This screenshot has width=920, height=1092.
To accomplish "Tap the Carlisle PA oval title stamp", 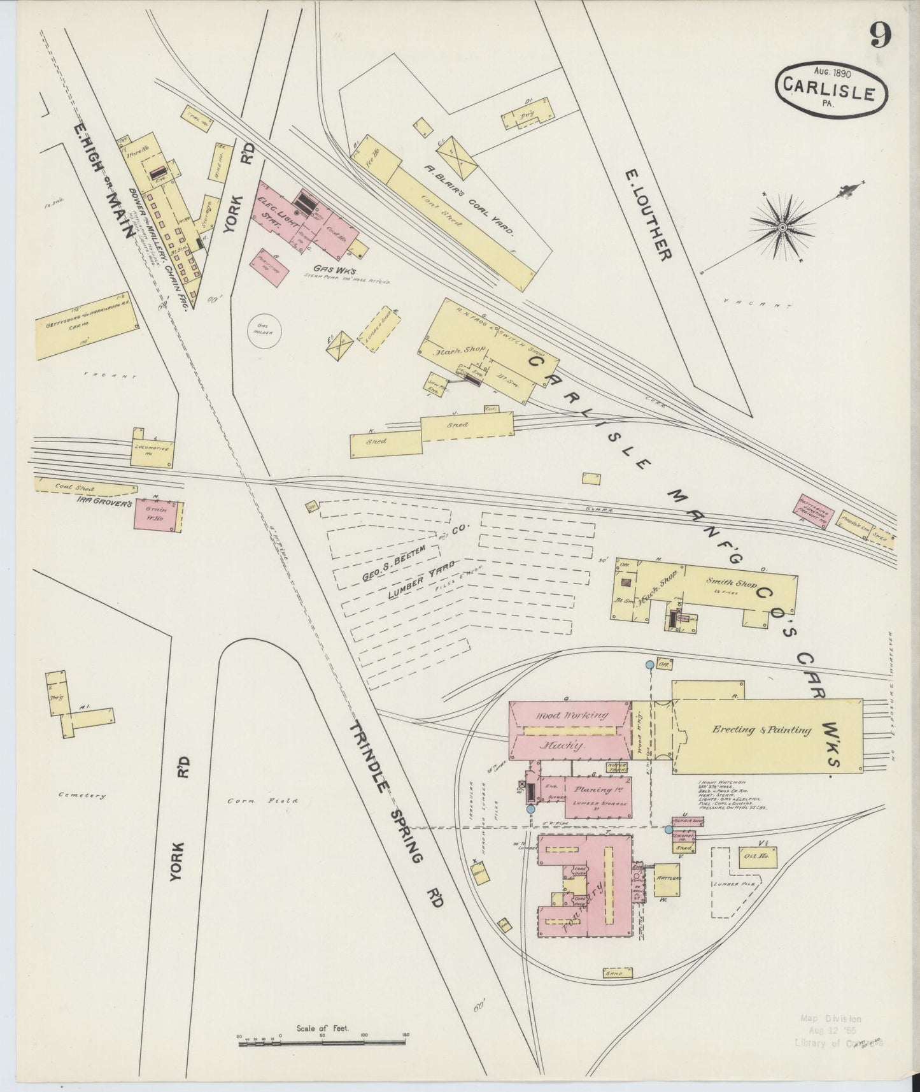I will click(x=831, y=89).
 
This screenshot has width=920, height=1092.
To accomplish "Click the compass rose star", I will click(x=782, y=226).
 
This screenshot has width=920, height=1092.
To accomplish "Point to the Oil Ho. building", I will click(x=756, y=857).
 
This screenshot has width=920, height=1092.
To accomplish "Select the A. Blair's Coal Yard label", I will click(x=468, y=201).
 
